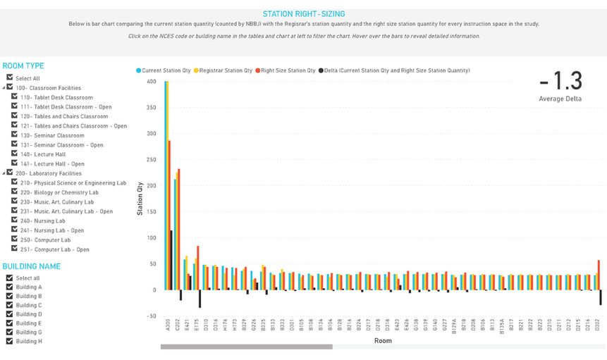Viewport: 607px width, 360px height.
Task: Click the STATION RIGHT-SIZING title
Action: point(303,13)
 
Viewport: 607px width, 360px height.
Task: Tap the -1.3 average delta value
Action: point(560,80)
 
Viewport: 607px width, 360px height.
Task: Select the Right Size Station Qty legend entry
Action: point(286,70)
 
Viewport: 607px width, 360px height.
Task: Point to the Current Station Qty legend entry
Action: point(166,70)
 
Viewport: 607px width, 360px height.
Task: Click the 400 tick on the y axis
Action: point(151,82)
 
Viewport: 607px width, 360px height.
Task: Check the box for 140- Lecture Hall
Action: point(16,154)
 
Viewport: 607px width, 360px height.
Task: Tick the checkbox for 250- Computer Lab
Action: point(16,240)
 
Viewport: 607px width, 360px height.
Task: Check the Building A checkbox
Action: point(10,287)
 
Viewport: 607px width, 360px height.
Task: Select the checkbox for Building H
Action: point(10,341)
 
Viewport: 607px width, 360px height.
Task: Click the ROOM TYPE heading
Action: point(23,66)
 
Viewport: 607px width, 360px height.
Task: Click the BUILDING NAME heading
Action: point(32,266)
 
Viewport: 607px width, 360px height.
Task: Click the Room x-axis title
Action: point(383,340)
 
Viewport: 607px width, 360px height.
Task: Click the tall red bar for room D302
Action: point(599,275)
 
